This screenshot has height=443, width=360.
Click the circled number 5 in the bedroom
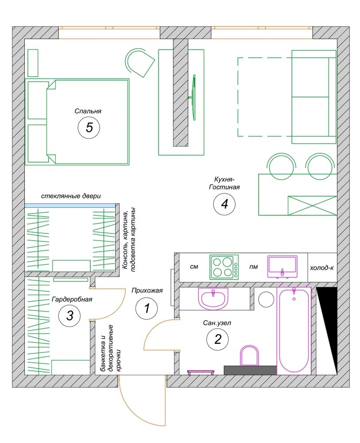tap(89, 128)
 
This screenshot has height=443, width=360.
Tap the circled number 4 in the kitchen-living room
tap(225, 204)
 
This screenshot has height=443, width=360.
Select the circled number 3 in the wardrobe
tap(70, 315)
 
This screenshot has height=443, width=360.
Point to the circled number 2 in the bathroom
tap(218, 339)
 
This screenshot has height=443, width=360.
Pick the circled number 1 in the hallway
tap(147, 308)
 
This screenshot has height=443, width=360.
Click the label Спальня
tap(88, 111)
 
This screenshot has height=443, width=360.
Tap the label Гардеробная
tap(72, 299)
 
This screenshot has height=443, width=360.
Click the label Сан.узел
tap(217, 323)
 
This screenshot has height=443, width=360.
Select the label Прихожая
tap(147, 290)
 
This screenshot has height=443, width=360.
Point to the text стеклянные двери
tap(71, 196)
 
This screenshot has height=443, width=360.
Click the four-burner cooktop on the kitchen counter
tap(224, 267)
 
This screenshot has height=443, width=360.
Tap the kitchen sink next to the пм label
tap(283, 267)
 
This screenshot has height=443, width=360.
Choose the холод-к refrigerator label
tap(322, 268)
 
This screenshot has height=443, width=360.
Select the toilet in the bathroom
tap(249, 355)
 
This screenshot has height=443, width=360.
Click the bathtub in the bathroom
tap(294, 331)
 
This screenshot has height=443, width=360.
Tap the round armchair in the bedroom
tap(139, 62)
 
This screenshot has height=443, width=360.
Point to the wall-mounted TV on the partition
tap(194, 97)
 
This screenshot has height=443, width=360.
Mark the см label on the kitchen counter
tap(194, 266)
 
